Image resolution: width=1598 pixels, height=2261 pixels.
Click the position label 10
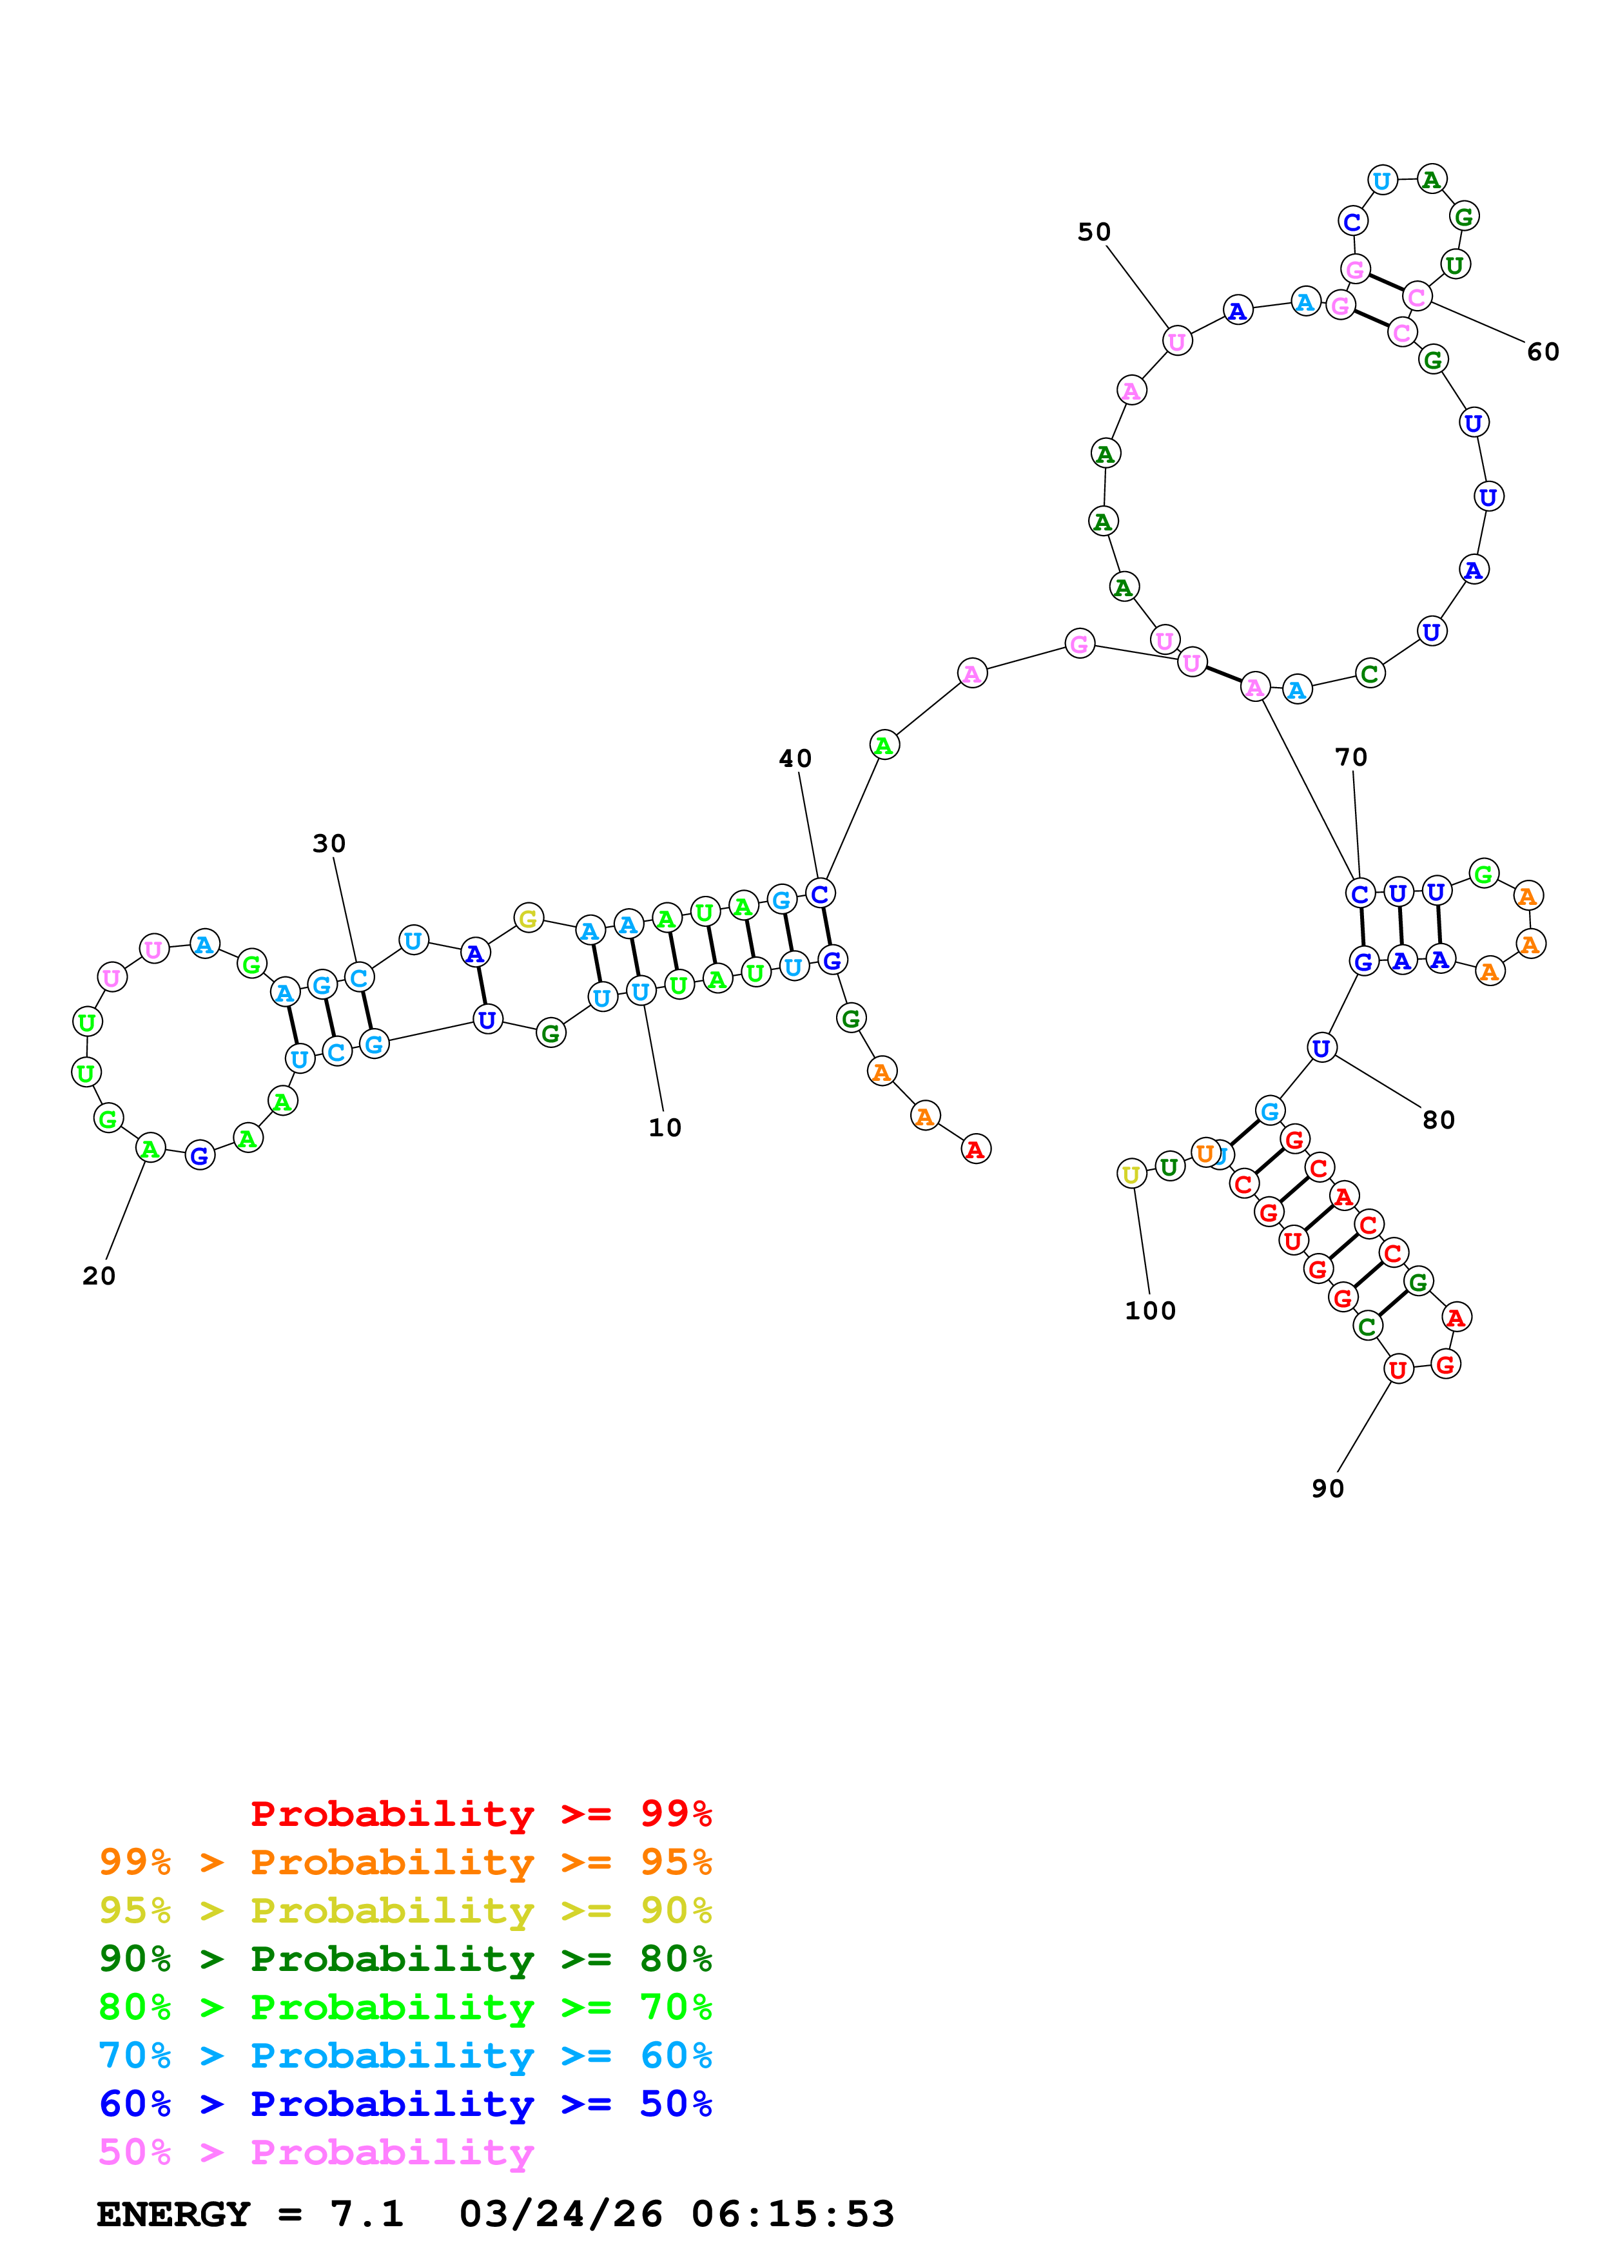pos(665,1127)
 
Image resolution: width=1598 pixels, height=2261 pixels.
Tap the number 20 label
pos(99,1276)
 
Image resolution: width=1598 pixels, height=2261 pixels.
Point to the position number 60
pos(1542,353)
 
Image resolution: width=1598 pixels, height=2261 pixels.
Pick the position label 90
pos(1327,1489)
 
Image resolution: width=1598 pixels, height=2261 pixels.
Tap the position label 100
pos(1150,1311)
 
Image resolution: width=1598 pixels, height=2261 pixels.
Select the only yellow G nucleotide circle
pos(529,919)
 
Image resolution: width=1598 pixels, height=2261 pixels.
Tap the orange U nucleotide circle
pos(1204,1152)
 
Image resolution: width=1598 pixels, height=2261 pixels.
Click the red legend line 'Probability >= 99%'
pos(480,1814)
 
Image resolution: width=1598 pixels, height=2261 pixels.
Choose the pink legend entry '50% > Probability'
pos(316,2153)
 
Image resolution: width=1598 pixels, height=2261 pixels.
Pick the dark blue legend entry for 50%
pos(405,2104)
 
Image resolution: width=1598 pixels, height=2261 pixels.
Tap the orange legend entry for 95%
pos(405,1862)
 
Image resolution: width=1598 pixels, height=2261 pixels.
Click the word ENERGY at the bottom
pos(173,2215)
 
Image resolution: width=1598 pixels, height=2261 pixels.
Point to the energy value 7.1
pos(366,2215)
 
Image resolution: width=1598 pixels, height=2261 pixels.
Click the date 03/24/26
pos(560,2215)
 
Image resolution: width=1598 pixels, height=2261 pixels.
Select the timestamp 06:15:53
pos(793,2215)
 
